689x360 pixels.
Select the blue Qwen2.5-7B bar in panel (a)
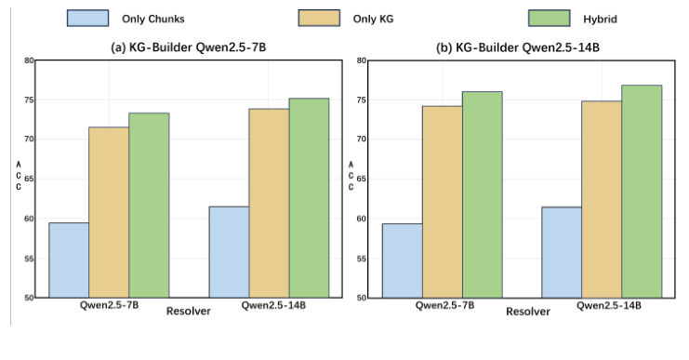point(69,260)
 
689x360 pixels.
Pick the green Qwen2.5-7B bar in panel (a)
point(149,206)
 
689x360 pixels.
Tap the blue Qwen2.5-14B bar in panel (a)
point(229,252)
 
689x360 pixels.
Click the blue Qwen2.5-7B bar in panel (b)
point(402,260)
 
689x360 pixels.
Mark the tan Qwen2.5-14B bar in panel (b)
point(602,199)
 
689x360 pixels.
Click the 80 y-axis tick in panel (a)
point(29,60)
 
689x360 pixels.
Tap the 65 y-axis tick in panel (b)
point(361,179)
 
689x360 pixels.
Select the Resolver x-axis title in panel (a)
point(188,312)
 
